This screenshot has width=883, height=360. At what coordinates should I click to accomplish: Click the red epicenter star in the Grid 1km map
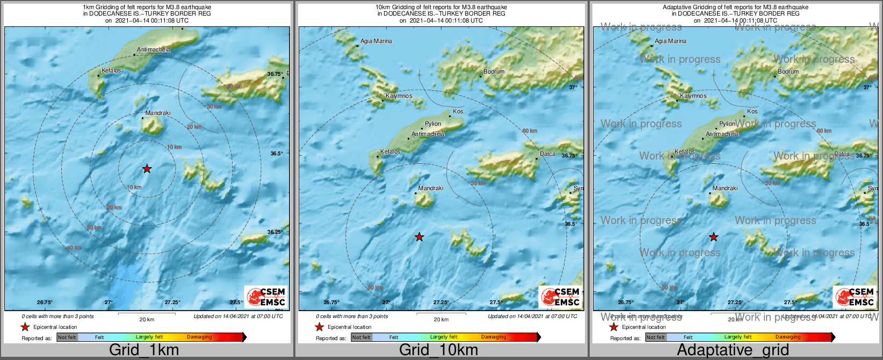(147, 169)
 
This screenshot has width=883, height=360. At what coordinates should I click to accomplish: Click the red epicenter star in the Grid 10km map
(419, 237)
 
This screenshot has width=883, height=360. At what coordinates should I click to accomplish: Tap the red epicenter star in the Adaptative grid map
(714, 237)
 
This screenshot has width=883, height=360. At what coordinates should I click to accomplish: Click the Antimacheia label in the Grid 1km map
(154, 50)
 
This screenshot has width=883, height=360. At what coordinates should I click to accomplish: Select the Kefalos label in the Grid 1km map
(111, 71)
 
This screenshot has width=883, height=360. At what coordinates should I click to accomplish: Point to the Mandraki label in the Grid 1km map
(158, 113)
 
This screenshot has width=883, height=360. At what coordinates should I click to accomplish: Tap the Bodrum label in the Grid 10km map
(494, 72)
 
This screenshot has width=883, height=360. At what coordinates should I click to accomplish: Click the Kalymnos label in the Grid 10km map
(399, 96)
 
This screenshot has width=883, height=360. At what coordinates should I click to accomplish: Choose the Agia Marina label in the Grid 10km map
(376, 41)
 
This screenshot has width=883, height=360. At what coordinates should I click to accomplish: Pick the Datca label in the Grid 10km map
(547, 154)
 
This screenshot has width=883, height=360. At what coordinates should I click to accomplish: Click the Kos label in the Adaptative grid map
(752, 112)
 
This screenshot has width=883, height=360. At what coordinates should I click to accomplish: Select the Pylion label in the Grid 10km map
(433, 124)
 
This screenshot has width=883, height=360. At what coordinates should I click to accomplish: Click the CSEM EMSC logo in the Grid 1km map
(266, 297)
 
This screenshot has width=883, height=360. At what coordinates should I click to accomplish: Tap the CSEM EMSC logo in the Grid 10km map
(560, 297)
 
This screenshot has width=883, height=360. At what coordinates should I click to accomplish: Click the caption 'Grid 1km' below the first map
(144, 350)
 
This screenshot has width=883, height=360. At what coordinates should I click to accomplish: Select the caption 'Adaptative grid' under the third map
(733, 350)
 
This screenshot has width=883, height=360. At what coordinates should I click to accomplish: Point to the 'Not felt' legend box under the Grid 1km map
(67, 337)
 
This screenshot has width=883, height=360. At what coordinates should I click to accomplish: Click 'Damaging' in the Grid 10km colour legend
(494, 337)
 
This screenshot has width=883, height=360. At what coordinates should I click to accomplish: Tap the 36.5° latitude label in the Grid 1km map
(277, 154)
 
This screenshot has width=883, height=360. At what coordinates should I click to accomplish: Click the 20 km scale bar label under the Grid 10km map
(441, 320)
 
